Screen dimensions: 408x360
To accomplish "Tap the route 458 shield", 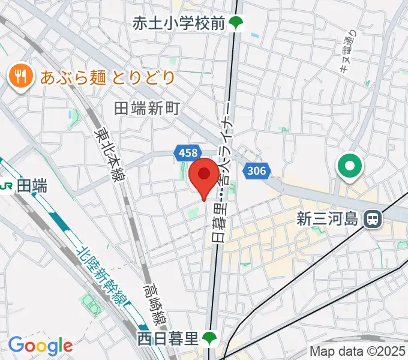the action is [x=187, y=154].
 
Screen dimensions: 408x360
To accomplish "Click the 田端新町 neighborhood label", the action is [x=147, y=109].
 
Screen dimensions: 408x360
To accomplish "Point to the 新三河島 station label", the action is [x=329, y=219].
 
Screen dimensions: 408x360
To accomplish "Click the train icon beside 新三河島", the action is [x=373, y=219].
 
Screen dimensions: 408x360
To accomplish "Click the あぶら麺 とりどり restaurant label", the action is [x=108, y=77].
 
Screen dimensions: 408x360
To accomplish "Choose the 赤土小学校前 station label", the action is [x=179, y=23].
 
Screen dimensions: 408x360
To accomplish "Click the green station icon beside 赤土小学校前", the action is [x=236, y=25].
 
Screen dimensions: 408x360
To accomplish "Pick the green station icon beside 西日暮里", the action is [x=209, y=339].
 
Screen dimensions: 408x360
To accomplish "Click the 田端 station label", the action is [x=32, y=187].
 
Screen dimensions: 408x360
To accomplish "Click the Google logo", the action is [x=40, y=346].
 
